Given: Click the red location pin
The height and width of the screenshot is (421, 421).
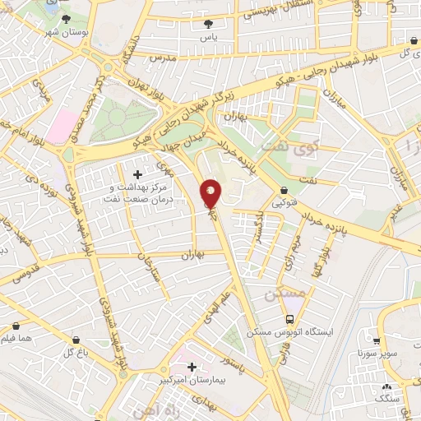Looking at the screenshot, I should (x=211, y=193).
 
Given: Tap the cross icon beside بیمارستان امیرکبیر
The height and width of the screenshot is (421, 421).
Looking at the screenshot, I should (x=192, y=367).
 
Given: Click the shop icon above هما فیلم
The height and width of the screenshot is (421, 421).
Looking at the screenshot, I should (x=16, y=326).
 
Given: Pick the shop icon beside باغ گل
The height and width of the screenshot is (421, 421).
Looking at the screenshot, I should (x=76, y=340).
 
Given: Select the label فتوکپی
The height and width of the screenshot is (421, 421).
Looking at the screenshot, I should (x=284, y=202).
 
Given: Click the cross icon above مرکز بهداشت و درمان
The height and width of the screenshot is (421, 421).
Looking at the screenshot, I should (x=137, y=175).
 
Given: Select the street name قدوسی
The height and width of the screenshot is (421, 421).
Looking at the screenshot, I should (x=25, y=271).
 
